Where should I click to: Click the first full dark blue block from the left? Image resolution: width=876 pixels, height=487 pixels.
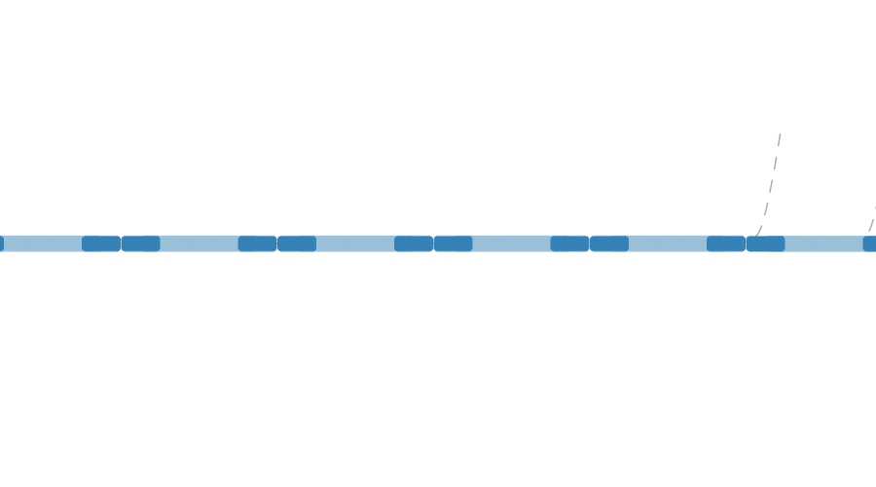coord(101,243)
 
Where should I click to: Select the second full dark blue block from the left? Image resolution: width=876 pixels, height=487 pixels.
coord(140,243)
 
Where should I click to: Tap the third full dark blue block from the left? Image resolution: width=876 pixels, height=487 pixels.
coord(257,243)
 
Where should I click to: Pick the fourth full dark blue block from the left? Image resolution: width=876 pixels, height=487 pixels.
coord(297,243)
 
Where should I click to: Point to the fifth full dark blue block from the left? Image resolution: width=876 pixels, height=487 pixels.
coord(414,243)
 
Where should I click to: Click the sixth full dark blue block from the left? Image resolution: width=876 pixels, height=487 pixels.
coord(453,243)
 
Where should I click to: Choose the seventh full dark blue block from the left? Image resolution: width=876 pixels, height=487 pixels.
coord(569,243)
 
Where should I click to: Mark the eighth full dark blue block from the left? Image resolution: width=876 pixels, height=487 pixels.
coord(609,243)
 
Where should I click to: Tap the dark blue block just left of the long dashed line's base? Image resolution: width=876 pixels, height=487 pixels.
coord(726,243)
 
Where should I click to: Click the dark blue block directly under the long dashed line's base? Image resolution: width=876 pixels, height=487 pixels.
coord(765,243)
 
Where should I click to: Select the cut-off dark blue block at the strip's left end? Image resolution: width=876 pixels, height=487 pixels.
coord(1,243)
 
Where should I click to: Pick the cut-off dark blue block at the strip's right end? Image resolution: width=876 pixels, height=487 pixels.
coord(869,243)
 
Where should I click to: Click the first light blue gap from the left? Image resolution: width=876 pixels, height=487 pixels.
coord(43,243)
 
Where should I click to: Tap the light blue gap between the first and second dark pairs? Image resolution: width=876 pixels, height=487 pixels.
coord(199,243)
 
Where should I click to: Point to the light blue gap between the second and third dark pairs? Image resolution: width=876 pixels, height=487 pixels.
coord(355,243)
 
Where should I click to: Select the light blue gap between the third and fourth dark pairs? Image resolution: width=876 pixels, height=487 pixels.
coord(511,243)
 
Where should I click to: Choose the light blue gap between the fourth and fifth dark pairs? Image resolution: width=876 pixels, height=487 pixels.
coord(668,243)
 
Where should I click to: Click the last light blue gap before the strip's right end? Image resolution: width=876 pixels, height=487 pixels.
coord(823,243)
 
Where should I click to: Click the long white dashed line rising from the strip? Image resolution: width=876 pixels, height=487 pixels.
coord(772,180)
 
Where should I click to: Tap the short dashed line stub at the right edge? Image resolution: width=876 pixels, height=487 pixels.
coord(872,220)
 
